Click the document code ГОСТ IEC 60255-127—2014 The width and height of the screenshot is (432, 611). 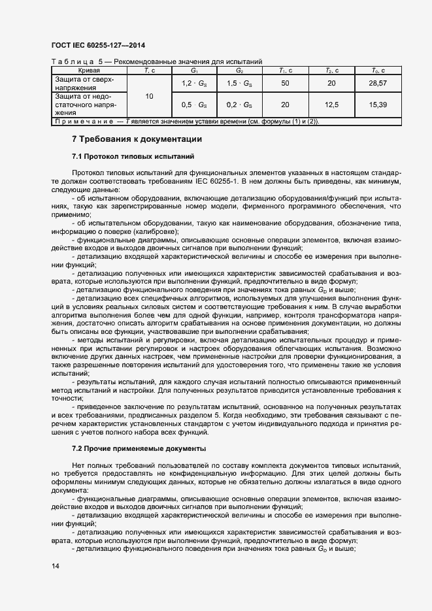pyautogui.click(x=97, y=46)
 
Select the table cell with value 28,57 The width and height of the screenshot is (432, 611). pyautogui.click(x=378, y=84)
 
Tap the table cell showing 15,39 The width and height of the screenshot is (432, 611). pyautogui.click(x=378, y=105)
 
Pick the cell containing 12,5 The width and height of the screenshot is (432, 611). pyautogui.click(x=331, y=105)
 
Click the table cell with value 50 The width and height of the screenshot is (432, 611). pyautogui.click(x=285, y=84)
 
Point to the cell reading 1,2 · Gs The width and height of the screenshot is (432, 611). pyautogui.click(x=194, y=84)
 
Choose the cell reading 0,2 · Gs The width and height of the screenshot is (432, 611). pyautogui.click(x=239, y=105)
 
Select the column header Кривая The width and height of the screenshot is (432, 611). pyautogui.click(x=89, y=69)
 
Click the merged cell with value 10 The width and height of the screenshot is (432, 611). pyautogui.click(x=149, y=96)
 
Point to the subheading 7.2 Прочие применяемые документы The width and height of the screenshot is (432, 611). pyautogui.click(x=139, y=449)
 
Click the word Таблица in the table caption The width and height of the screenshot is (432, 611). pyautogui.click(x=68, y=61)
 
